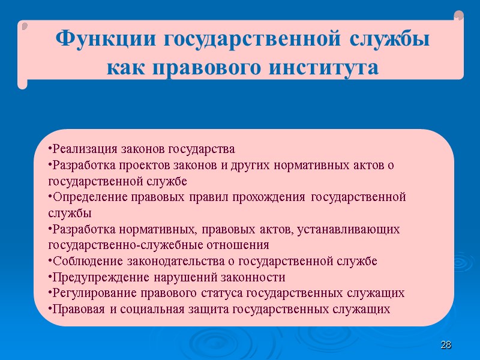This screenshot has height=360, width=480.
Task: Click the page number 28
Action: (x=445, y=345)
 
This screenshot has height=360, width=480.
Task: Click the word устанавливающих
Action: (x=348, y=229)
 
